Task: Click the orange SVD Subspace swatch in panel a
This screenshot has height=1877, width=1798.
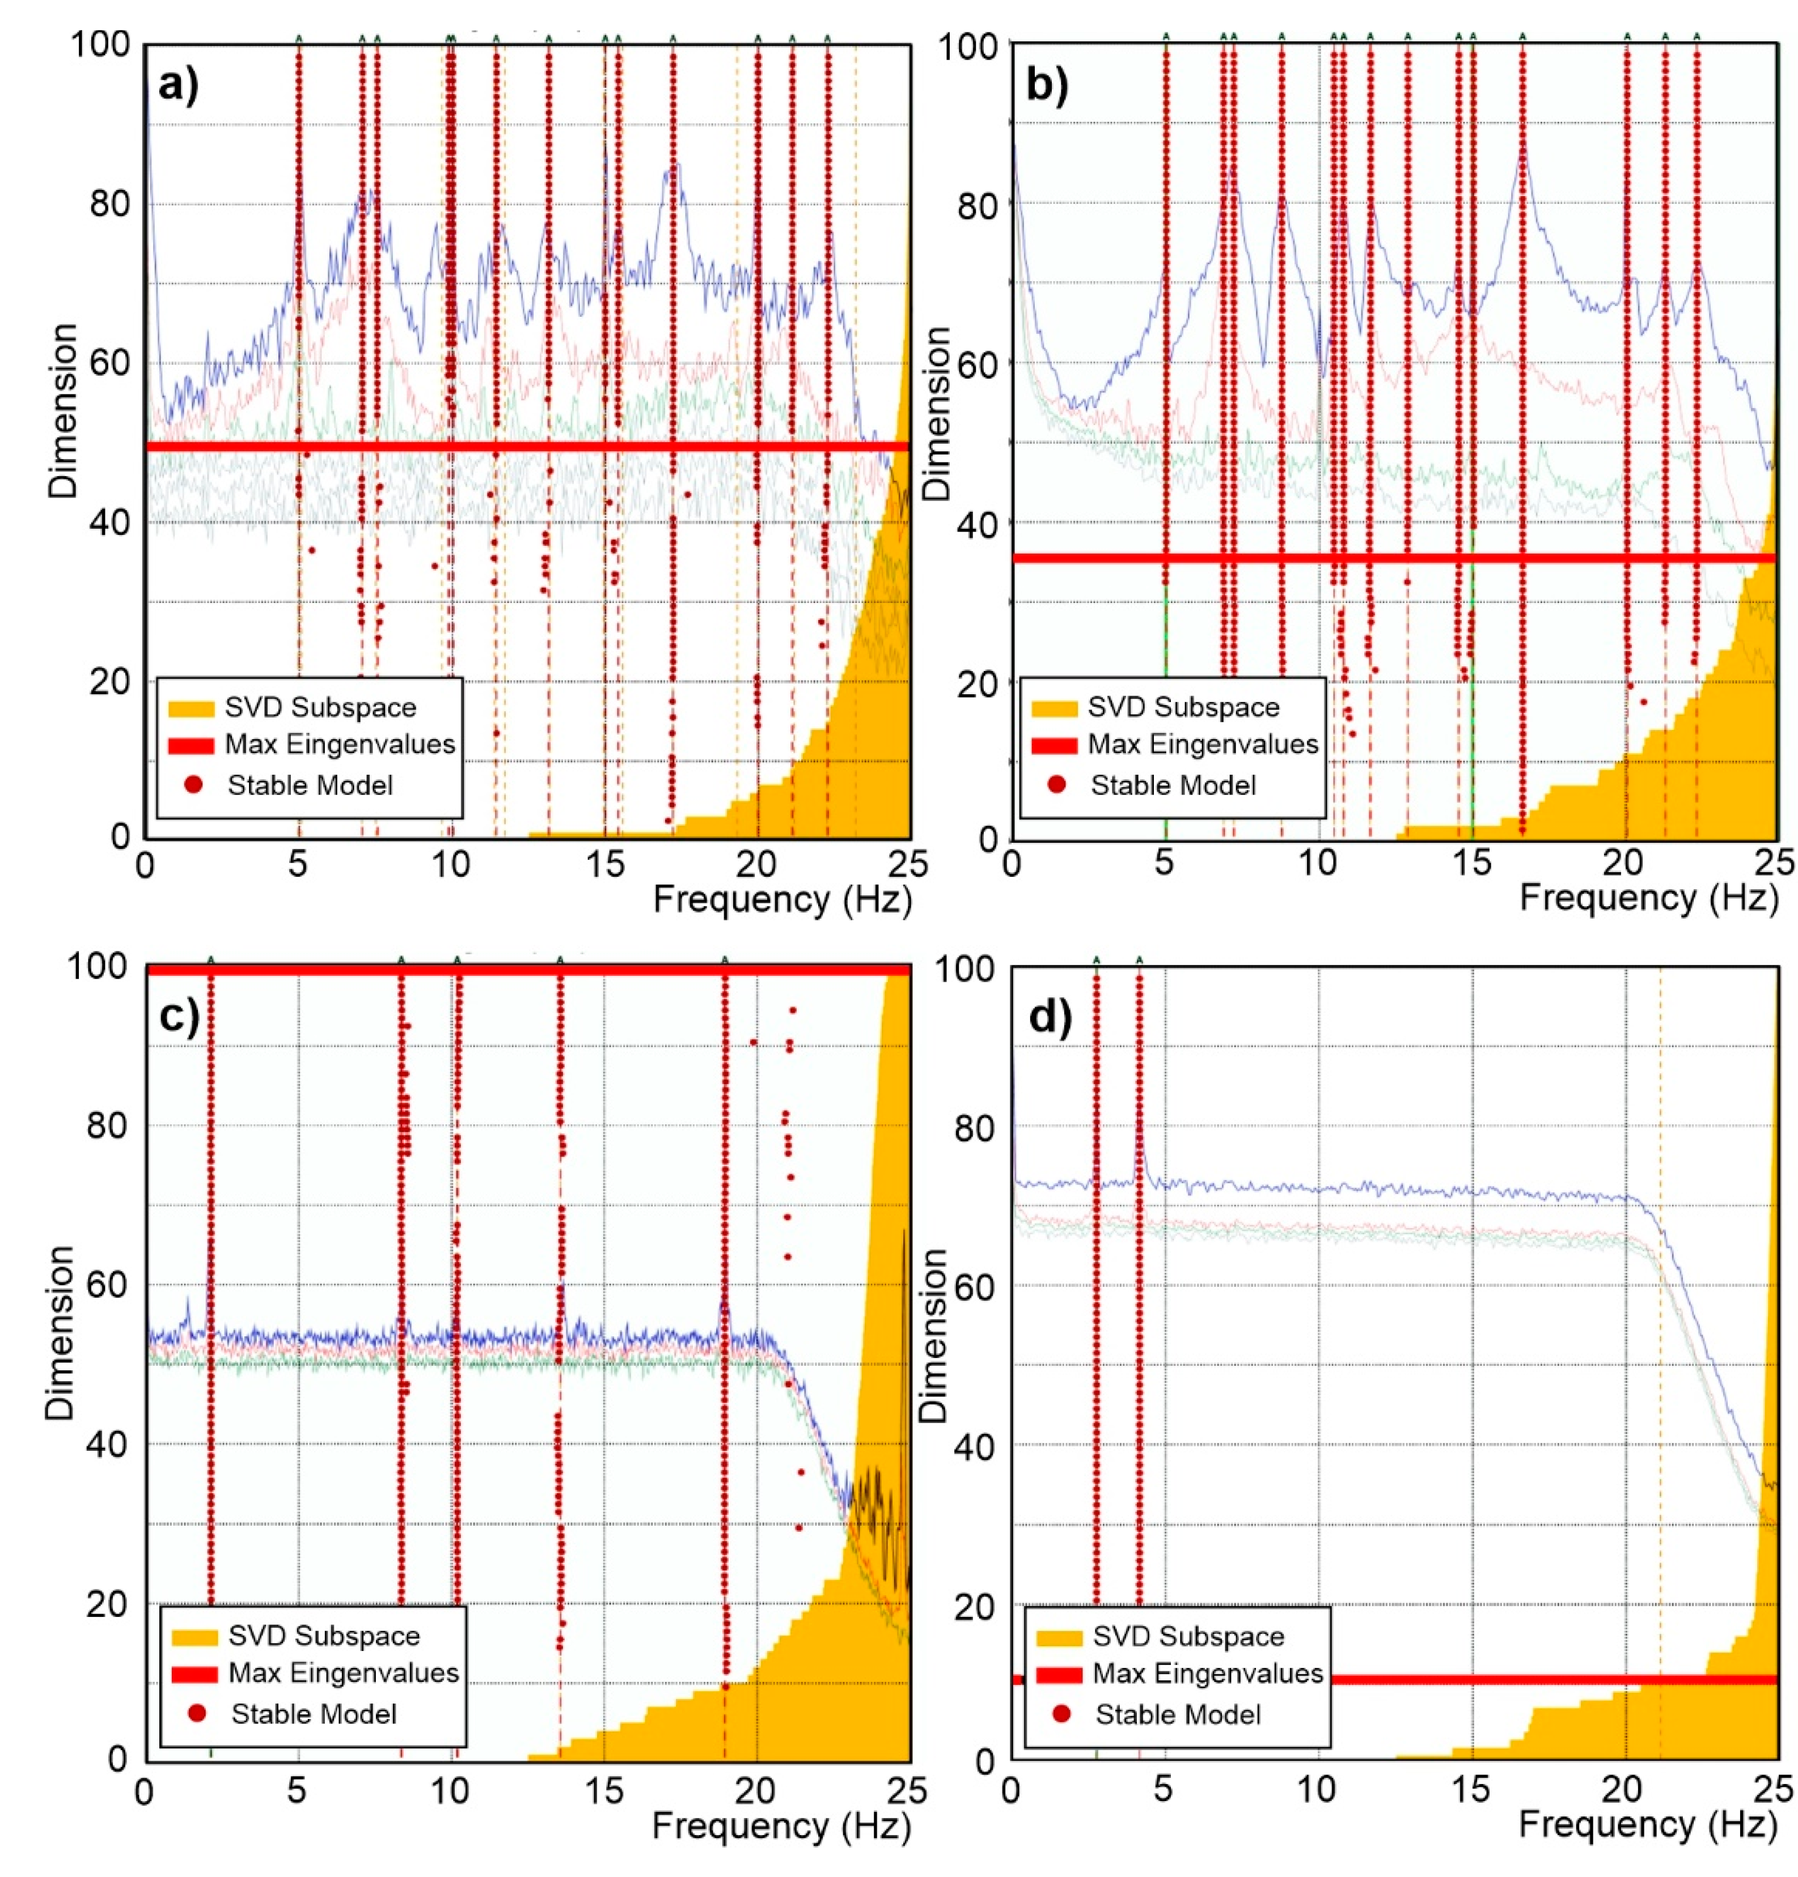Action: [190, 708]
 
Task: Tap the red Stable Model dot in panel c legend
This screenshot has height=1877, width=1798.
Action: [196, 1713]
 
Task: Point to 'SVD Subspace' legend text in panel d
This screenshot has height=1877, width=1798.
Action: [1188, 1637]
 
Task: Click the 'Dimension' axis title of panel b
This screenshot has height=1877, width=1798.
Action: [939, 412]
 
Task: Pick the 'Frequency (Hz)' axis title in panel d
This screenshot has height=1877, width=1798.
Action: [1648, 1825]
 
